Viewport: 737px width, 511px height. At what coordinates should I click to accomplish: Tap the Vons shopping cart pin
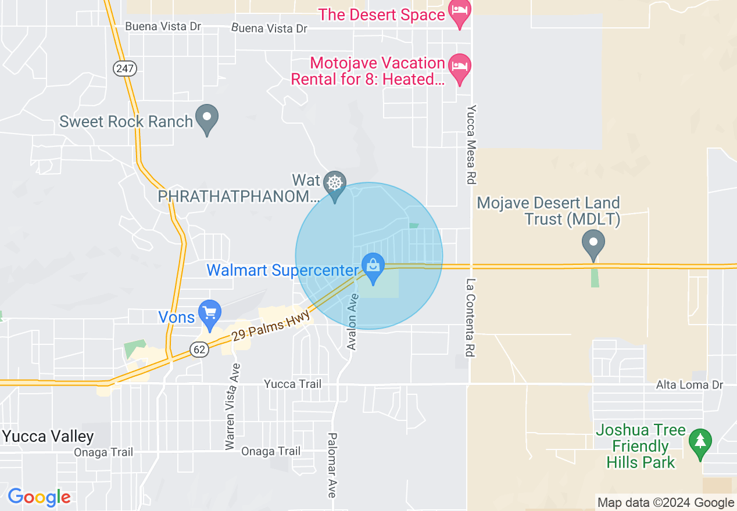point(209,313)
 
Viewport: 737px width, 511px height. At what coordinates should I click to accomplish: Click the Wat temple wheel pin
point(334,184)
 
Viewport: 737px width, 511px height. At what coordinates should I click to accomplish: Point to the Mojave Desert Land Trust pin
point(593,243)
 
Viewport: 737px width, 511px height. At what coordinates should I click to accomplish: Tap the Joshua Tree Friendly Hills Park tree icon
point(700,441)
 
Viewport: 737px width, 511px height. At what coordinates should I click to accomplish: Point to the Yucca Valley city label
point(48,436)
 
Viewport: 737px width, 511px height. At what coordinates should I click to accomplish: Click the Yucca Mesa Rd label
point(471,145)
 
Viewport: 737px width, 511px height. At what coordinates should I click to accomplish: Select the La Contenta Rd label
point(470,318)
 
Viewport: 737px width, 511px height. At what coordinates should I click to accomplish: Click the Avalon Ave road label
point(353,321)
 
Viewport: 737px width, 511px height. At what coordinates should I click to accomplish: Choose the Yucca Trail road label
point(292,384)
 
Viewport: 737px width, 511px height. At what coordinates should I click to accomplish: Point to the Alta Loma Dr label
point(689,385)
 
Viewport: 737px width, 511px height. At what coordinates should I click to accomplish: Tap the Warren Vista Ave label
point(232,406)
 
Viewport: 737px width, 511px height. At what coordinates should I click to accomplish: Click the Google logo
point(40,497)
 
